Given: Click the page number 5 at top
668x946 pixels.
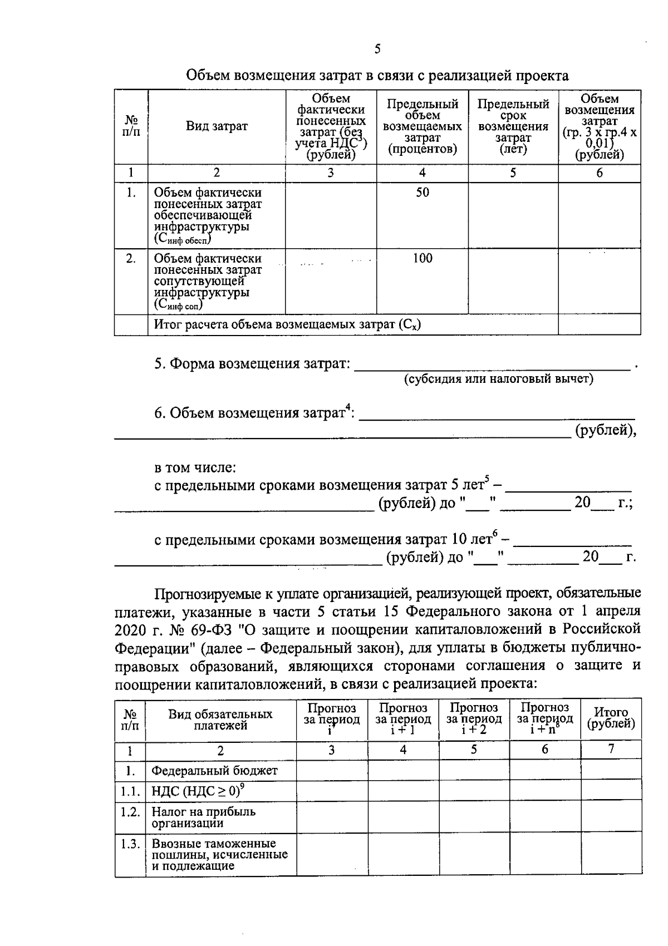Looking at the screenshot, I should coord(377,49).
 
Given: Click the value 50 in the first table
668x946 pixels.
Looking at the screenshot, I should coord(423,193).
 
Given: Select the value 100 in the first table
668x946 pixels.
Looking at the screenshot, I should coord(423,258).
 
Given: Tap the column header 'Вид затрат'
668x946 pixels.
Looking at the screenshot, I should coord(217,126).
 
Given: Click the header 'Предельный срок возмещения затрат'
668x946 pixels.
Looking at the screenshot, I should coord(513,126).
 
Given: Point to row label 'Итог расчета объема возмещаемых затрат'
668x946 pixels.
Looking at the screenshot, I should coord(287,324).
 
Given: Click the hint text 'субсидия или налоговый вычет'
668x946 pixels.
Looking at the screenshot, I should coord(498,379).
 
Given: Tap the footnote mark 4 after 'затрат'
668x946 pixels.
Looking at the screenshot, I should coord(348,409).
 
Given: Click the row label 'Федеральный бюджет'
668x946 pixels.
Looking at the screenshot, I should coord(214,771).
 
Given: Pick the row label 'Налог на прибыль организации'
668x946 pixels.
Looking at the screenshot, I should coord(203,817).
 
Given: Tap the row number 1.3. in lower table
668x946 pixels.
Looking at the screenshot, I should coord(130,844).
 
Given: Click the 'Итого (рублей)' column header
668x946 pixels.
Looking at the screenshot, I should coord(611,718).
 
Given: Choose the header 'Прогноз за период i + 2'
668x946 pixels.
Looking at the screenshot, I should coord(474,718).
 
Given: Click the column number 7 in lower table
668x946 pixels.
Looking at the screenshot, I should coord(611,750).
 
